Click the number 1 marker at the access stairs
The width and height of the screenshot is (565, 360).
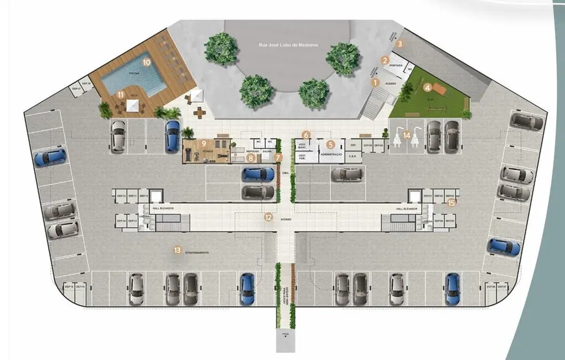pos(375,83)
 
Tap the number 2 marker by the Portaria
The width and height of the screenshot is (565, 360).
pos(385,60)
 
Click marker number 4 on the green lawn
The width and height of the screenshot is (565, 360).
pos(427,87)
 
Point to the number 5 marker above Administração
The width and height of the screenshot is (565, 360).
pos(330,145)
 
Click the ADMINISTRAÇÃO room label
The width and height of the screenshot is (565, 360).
pos(331,155)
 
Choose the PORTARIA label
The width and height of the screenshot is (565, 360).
pos(396,66)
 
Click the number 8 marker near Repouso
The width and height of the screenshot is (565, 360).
pos(251,158)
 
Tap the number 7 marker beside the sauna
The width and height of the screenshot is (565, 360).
pos(278,157)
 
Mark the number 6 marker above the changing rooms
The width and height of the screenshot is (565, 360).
pos(307,135)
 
